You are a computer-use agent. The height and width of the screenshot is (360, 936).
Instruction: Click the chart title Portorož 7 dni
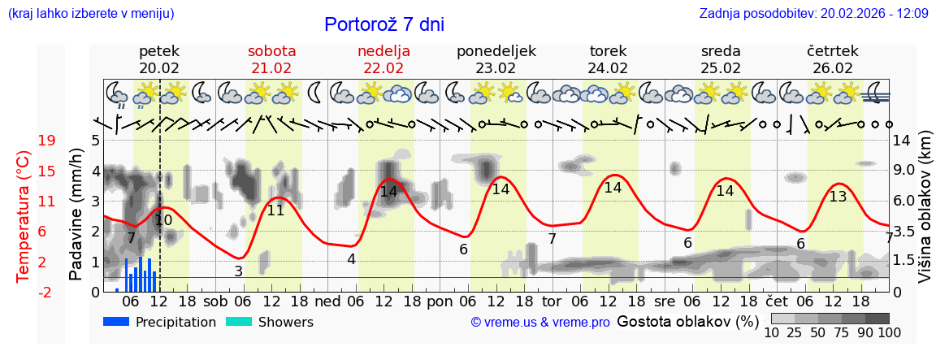point(384,24)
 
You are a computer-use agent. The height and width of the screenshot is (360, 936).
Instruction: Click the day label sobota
point(271,51)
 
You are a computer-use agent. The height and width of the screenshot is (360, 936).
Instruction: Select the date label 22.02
point(383,68)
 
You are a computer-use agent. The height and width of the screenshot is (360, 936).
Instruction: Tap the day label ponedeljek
point(496,51)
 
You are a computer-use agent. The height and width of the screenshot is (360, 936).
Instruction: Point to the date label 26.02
point(833,68)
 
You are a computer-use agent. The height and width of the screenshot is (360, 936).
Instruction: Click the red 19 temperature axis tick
point(47,141)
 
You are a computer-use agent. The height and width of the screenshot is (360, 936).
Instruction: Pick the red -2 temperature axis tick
point(46,292)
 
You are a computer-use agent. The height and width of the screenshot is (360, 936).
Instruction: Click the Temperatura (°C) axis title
point(24,215)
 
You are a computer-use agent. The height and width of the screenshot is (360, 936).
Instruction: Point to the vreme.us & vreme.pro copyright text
point(540,323)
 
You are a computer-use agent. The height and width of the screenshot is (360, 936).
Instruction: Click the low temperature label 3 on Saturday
point(238,271)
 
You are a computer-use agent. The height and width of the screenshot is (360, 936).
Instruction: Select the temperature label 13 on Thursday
point(838,196)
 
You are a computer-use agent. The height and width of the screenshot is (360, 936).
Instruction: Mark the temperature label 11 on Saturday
point(276,210)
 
